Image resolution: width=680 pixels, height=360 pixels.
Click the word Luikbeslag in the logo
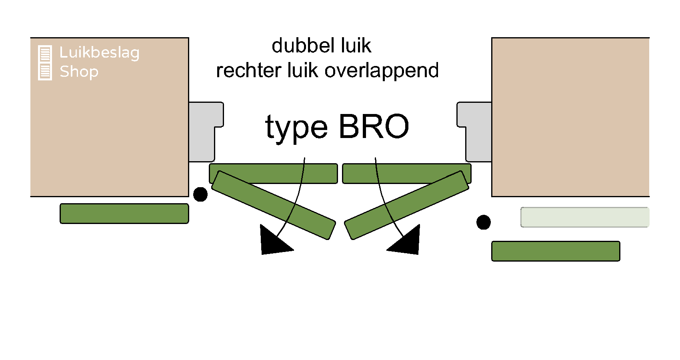pyautogui.click(x=99, y=52)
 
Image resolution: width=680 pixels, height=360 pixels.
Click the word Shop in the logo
pyautogui.click(x=79, y=72)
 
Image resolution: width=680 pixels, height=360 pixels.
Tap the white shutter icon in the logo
pyautogui.click(x=45, y=63)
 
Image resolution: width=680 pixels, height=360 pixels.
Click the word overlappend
pyautogui.click(x=382, y=71)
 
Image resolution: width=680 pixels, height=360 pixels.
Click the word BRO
pyautogui.click(x=374, y=126)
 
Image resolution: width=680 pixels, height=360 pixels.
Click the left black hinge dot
pyautogui.click(x=200, y=194)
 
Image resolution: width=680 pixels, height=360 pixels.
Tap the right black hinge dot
pyautogui.click(x=484, y=222)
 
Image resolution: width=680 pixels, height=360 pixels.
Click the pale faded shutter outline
pyautogui.click(x=584, y=217)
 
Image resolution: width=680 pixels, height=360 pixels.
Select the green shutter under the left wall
pyautogui.click(x=124, y=214)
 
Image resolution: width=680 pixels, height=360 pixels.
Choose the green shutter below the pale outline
pyautogui.click(x=556, y=251)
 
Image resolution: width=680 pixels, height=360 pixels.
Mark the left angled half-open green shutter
pyautogui.click(x=273, y=205)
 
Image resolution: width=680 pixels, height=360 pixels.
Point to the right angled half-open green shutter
pyautogui.click(x=406, y=205)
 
